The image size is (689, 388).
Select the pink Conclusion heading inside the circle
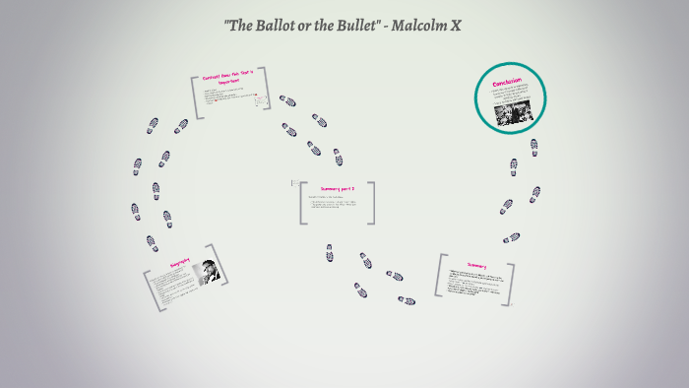click(x=507, y=82)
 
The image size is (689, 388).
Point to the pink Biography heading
click(x=178, y=264)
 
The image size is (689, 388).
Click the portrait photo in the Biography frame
click(x=209, y=272)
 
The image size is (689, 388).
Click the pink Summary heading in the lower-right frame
click(x=476, y=265)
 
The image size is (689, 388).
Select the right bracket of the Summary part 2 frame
click(x=372, y=203)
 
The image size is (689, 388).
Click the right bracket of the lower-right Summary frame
click(x=511, y=283)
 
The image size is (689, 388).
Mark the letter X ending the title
click(x=455, y=23)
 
